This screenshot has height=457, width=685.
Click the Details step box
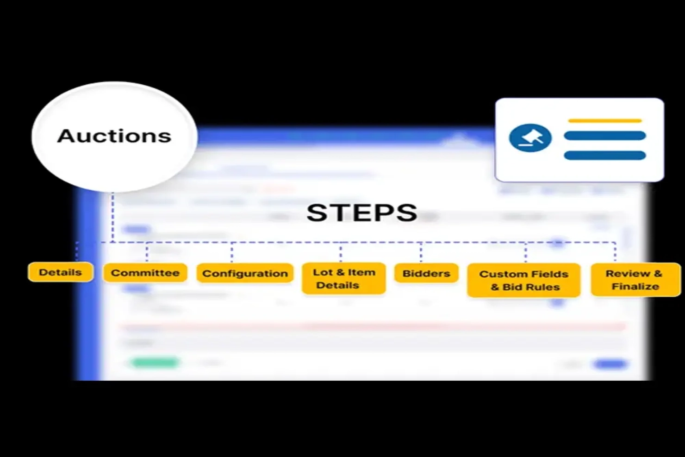(x=60, y=272)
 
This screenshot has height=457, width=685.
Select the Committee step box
(x=145, y=273)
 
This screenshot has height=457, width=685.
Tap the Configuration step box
(x=245, y=274)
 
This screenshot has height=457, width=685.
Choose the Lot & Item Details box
(x=343, y=279)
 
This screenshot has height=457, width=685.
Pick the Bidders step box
(x=426, y=274)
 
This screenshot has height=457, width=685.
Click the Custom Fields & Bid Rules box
(x=523, y=281)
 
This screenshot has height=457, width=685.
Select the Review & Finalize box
(x=635, y=280)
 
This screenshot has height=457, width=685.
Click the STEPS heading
(x=362, y=213)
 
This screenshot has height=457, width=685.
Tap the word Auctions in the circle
(x=114, y=136)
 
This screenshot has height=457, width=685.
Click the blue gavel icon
(x=530, y=138)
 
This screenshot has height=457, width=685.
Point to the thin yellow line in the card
(x=604, y=121)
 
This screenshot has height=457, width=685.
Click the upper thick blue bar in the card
(x=604, y=136)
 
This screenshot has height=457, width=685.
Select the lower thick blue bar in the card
(x=604, y=156)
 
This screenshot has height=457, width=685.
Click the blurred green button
(x=155, y=363)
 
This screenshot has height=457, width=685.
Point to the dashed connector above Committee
(x=147, y=252)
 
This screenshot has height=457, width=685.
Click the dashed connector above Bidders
(x=421, y=252)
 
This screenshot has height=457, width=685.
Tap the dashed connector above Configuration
(x=232, y=252)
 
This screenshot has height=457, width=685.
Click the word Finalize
(x=635, y=287)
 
